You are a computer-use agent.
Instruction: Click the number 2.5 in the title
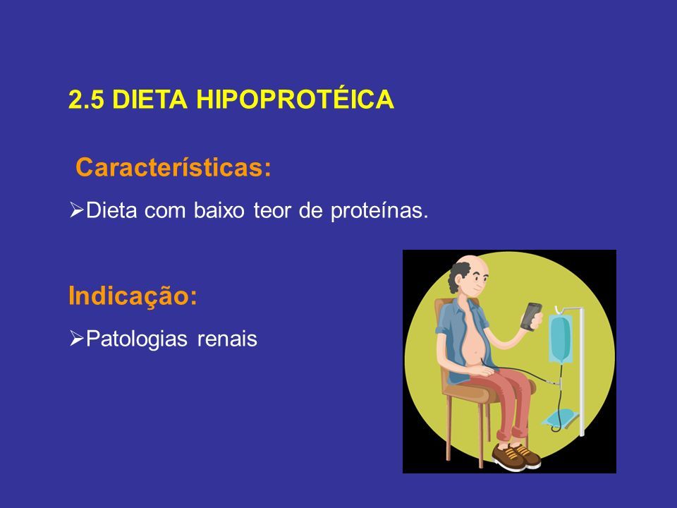click(86, 99)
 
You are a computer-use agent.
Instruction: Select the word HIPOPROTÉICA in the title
click(295, 99)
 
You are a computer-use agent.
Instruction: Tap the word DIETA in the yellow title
click(150, 99)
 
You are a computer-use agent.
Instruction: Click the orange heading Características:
click(173, 167)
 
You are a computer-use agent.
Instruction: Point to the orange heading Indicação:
click(133, 296)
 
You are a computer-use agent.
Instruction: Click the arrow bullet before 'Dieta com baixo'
click(76, 210)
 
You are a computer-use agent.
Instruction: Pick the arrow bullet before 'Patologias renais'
click(76, 338)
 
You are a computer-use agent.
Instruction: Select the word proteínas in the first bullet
click(379, 211)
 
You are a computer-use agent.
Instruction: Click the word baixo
click(219, 210)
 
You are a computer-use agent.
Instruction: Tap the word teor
click(272, 211)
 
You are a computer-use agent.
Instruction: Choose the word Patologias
click(137, 339)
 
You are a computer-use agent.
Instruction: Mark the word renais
click(227, 339)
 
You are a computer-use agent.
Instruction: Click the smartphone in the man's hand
click(531, 316)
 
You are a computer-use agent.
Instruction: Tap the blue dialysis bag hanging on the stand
click(561, 338)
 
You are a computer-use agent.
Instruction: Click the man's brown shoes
click(516, 456)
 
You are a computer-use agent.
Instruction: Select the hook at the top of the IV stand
click(559, 309)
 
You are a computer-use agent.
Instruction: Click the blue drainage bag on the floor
click(560, 418)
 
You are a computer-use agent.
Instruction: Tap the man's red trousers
click(510, 401)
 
